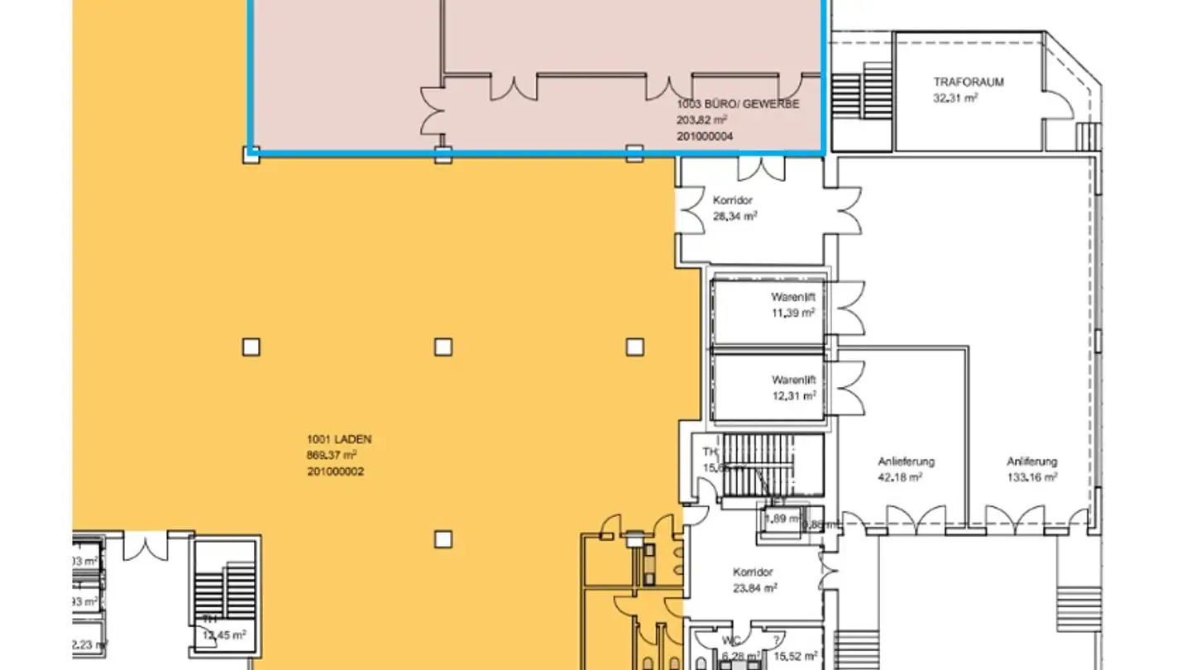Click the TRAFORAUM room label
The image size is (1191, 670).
[x=968, y=82]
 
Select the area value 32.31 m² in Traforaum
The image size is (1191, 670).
[x=955, y=98]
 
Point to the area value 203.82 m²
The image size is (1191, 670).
[x=701, y=120]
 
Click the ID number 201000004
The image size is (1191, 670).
[x=705, y=136]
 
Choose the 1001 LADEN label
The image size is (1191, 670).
[x=333, y=440]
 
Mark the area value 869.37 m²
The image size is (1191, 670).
[x=331, y=456]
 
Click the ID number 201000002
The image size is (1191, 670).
[x=335, y=471]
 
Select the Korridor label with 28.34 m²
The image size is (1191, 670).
[x=733, y=200]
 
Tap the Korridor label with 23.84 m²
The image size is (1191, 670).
[x=753, y=572]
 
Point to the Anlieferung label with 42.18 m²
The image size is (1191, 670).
[x=906, y=462]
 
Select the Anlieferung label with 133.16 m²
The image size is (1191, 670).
[x=1031, y=462]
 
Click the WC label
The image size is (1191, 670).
[x=728, y=641]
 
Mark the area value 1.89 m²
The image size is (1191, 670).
[x=781, y=519]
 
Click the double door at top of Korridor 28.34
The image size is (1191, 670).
[x=762, y=168]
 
